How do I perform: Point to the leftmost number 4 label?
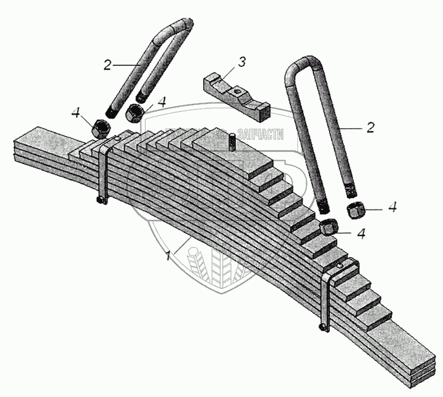pos(76,113)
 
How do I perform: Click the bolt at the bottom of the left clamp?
pos(101,202)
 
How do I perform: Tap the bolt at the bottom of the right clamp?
pos(323,327)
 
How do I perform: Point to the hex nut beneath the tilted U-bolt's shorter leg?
pos(135,113)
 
